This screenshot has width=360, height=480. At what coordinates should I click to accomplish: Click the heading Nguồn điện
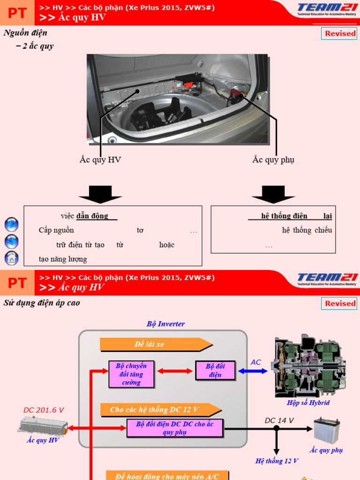[25, 33]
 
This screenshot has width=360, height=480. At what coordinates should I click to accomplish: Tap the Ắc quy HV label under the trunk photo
[100, 160]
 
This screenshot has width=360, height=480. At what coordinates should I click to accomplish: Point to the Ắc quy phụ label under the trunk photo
[273, 160]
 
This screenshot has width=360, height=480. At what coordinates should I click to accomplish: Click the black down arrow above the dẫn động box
[100, 194]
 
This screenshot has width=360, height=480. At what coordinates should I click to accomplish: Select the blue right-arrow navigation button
[11, 225]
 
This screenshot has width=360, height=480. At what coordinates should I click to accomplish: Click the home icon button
[11, 258]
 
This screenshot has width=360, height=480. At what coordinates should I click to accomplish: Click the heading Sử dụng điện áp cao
[42, 303]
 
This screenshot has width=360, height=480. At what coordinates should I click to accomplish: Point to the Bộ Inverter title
[165, 324]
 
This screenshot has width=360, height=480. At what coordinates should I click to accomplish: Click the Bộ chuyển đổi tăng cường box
[131, 374]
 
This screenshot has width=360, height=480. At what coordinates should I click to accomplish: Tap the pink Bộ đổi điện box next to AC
[216, 370]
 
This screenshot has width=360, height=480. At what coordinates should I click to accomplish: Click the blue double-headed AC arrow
[253, 371]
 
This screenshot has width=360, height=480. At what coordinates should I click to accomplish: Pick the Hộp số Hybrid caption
[308, 403]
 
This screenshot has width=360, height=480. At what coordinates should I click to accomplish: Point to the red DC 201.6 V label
[44, 410]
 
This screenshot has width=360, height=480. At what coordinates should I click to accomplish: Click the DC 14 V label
[279, 420]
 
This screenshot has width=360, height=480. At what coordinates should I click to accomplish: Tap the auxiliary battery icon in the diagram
[326, 430]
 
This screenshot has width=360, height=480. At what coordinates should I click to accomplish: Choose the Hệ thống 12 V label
[277, 461]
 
